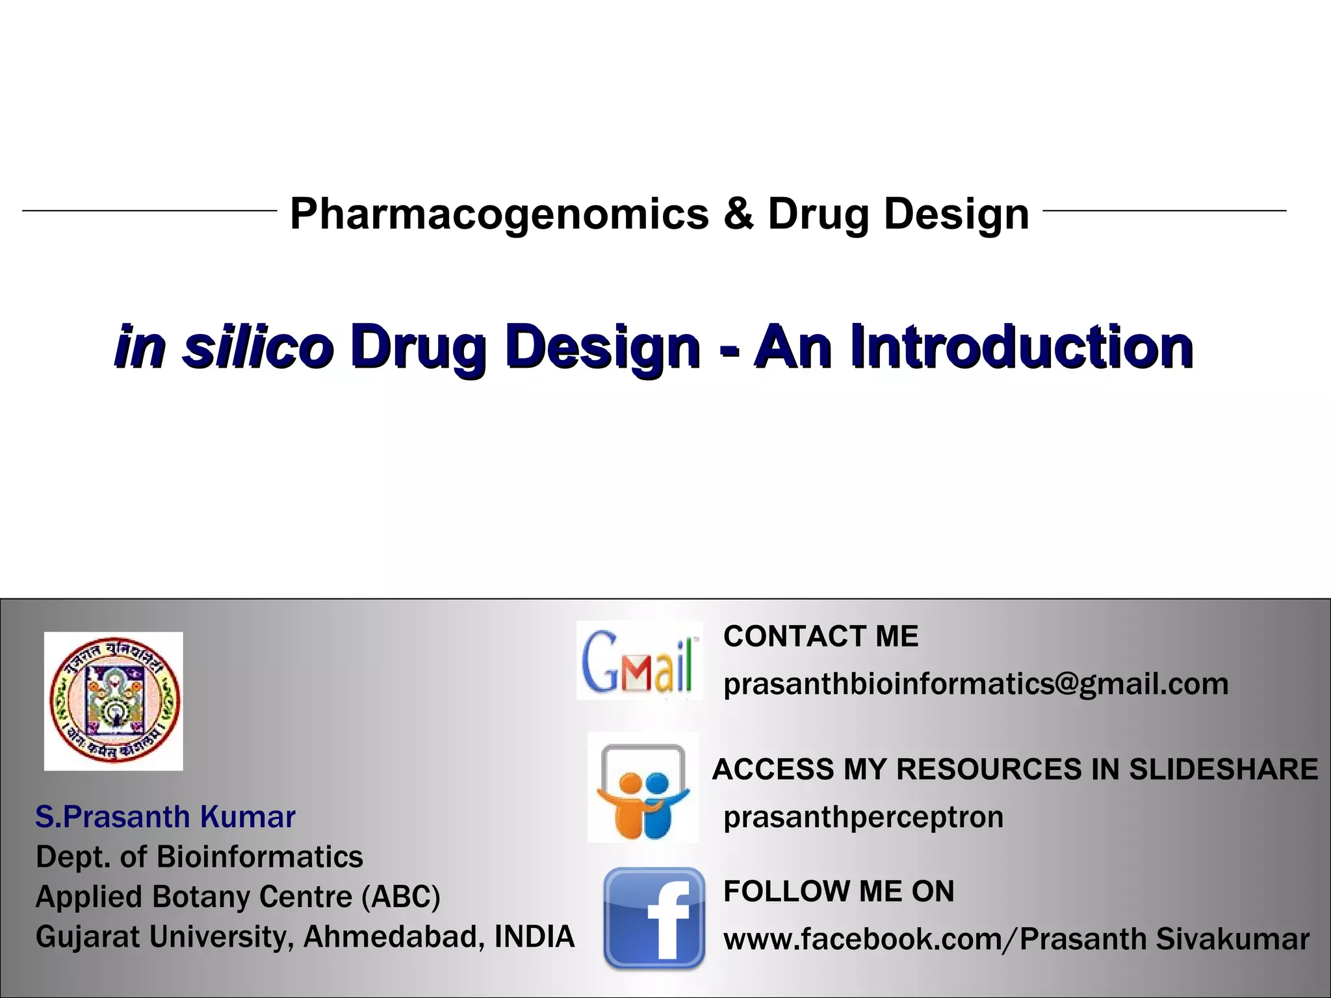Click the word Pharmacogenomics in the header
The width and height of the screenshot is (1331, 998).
click(499, 214)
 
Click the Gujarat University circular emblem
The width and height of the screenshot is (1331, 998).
click(114, 700)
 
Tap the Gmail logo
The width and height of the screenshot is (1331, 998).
click(640, 661)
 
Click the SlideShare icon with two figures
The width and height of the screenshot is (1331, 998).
click(643, 787)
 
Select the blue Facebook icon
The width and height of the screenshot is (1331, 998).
click(654, 918)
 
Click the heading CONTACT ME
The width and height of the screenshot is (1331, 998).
click(821, 636)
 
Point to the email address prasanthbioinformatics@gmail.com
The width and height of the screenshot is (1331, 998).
click(976, 684)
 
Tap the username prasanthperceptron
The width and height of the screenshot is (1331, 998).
click(863, 817)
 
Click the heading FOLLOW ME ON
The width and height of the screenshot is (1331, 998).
click(838, 891)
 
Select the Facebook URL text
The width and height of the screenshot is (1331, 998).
click(1016, 939)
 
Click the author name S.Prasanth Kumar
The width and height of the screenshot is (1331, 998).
click(165, 817)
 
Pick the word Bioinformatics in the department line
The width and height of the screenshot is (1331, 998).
click(260, 856)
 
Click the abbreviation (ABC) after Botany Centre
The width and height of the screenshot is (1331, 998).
click(402, 897)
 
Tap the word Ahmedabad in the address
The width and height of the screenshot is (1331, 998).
click(394, 936)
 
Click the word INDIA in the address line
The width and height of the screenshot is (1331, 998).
click(534, 936)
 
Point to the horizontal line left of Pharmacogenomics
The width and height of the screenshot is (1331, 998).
click(149, 211)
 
